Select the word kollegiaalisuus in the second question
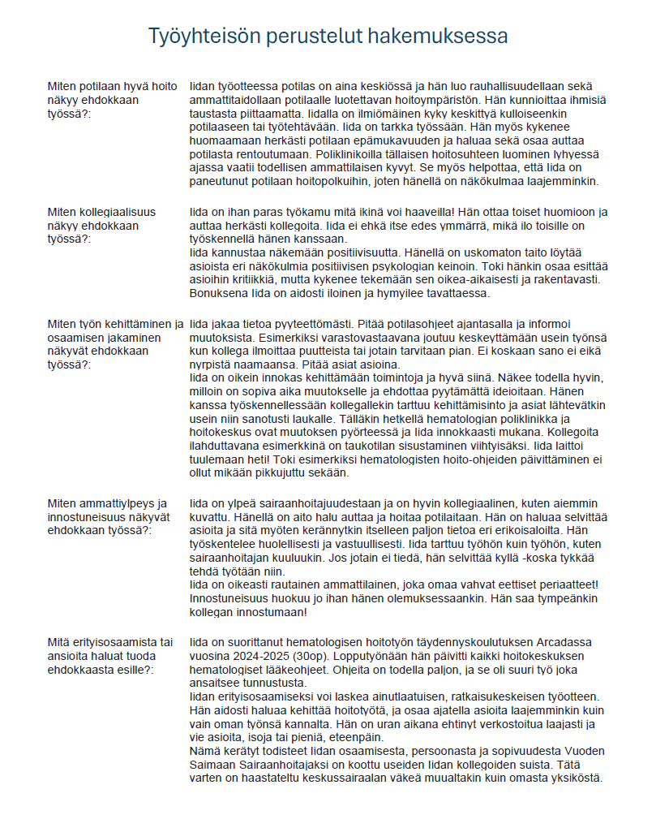point(115,212)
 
